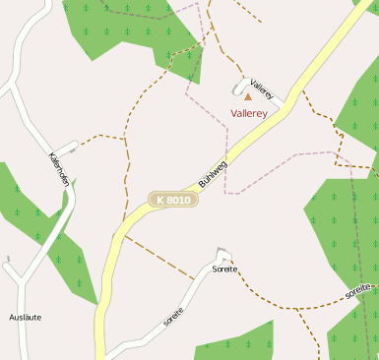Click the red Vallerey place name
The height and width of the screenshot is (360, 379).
coord(249,114)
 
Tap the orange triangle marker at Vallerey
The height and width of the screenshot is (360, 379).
coord(248,97)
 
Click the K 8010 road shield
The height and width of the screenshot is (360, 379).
coord(174,200)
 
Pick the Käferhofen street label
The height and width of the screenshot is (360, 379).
coord(59,169)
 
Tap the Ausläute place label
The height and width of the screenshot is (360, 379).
coord(25,318)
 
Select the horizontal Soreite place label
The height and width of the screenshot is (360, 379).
coord(224,269)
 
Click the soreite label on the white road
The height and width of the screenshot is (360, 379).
coord(173,316)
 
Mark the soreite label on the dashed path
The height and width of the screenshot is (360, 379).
coord(359,290)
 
